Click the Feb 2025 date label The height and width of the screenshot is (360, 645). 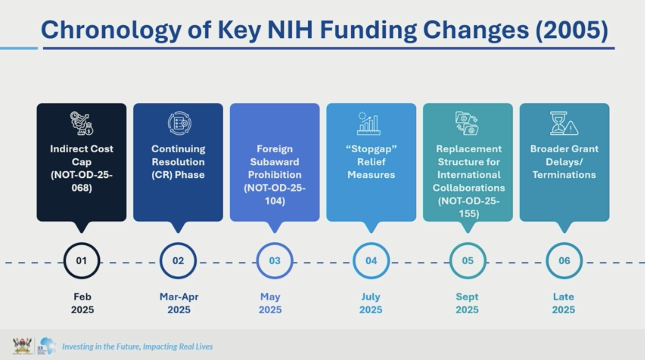pos(82,303)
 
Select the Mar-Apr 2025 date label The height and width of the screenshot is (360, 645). pos(179,303)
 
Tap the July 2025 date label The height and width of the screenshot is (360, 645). pos(371,303)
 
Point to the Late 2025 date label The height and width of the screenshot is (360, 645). pos(563,303)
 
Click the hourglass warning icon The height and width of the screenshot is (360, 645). pos(564,123)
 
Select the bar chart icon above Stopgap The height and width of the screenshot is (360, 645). pos(369,123)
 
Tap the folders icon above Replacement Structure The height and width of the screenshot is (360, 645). pos(467,123)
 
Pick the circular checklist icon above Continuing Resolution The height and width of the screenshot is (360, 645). pos(180,123)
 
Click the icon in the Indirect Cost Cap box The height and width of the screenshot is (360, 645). pos(82,123)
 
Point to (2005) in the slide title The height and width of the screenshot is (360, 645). pos(572,30)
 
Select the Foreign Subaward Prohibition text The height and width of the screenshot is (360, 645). pos(275,162)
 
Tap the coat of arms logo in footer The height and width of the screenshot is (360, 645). pos(22,346)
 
